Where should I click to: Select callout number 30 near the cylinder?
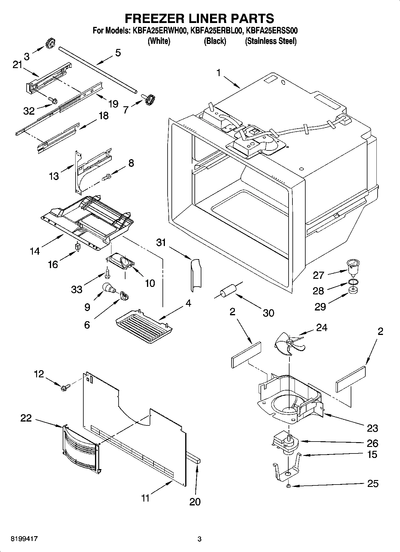tap(268, 313)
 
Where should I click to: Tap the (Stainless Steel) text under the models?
tap(271, 41)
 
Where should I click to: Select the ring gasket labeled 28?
tap(353, 282)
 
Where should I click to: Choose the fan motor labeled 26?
tap(286, 444)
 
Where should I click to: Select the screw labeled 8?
tap(106, 177)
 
